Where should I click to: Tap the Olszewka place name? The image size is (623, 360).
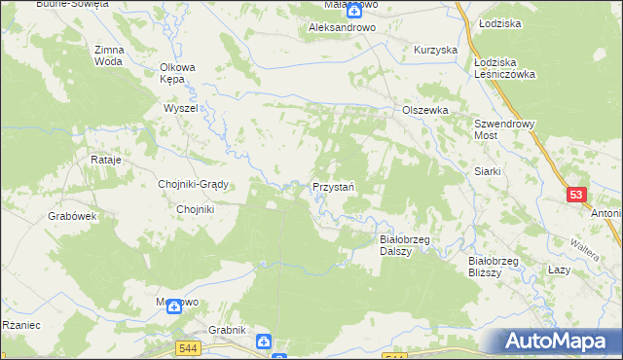425,111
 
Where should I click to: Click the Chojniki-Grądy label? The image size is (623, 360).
193,184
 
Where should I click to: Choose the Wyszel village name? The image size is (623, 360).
181,109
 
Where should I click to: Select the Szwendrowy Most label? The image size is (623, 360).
499,130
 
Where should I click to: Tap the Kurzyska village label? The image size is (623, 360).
435,50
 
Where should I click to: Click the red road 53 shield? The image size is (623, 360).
576,196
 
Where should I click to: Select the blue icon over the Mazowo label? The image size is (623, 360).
174,306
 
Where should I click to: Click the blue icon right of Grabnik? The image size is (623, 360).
264,342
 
